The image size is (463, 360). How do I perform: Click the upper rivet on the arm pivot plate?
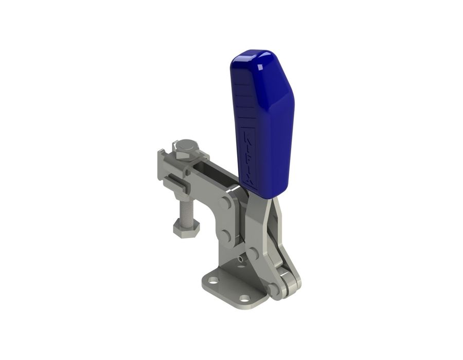224,203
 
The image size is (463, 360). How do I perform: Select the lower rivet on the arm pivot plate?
224,235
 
